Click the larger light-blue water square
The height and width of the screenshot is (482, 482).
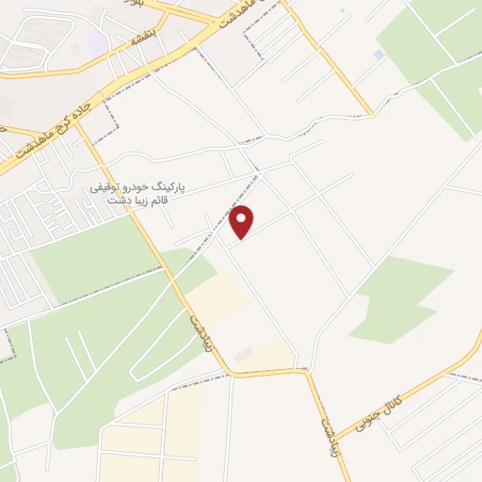point(378,56)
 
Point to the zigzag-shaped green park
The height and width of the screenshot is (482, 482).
point(400,297)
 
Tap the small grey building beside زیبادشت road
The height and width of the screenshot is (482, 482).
point(244,355)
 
